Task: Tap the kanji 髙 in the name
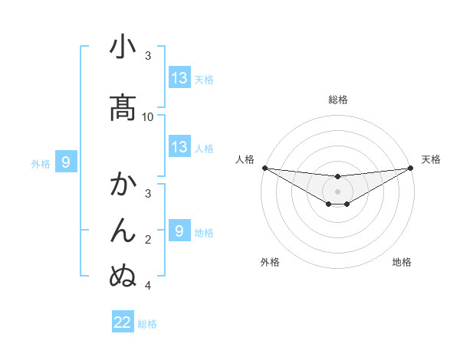click(123, 107)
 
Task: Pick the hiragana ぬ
click(123, 273)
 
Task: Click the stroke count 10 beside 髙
click(148, 117)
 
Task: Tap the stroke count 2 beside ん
click(148, 240)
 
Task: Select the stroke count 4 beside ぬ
click(148, 286)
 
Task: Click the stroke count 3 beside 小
click(148, 56)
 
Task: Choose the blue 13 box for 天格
click(179, 78)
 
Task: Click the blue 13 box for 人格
click(179, 147)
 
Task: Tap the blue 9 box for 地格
click(179, 231)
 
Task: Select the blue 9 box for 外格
click(66, 162)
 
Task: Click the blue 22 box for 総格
click(123, 322)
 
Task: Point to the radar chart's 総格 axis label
click(338, 100)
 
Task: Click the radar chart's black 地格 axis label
click(402, 263)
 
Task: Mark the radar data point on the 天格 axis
click(411, 168)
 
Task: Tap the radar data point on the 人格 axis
click(264, 168)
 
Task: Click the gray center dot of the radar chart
click(338, 191)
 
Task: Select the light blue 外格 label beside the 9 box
click(40, 163)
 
